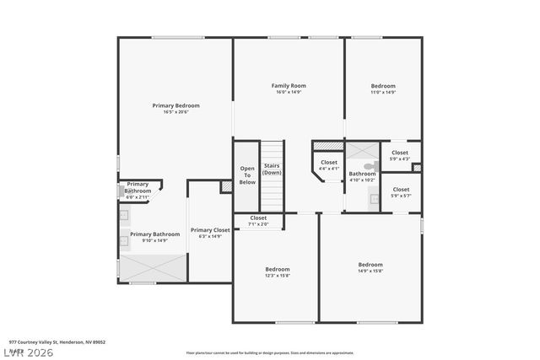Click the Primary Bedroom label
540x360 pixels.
[x=175, y=105]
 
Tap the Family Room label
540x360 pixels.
[x=288, y=85]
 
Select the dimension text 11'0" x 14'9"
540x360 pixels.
[x=383, y=93]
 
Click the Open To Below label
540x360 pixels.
[x=247, y=175]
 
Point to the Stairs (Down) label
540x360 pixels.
[x=272, y=169]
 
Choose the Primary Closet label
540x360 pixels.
[x=210, y=230]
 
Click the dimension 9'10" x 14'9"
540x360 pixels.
[x=154, y=240]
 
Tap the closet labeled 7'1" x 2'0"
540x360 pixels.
[x=258, y=224]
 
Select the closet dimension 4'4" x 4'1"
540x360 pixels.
[x=329, y=168]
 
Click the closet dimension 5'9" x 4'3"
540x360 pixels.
[x=400, y=159]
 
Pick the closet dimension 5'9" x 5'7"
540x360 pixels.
[x=401, y=196]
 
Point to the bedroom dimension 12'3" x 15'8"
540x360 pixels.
[x=277, y=276]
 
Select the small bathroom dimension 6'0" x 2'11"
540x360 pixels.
[x=138, y=196]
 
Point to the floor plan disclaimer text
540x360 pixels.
[x=270, y=352]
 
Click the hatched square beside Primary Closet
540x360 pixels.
[x=226, y=186]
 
